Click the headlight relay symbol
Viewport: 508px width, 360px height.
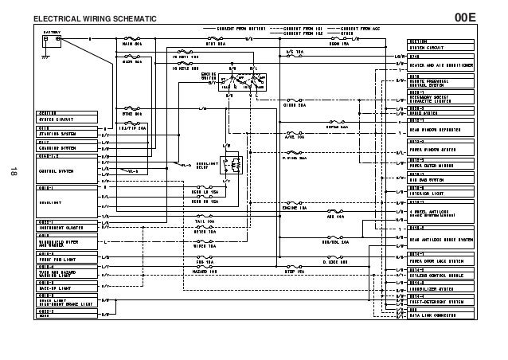tap(235, 165)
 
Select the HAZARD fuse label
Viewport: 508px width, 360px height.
tap(206, 272)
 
